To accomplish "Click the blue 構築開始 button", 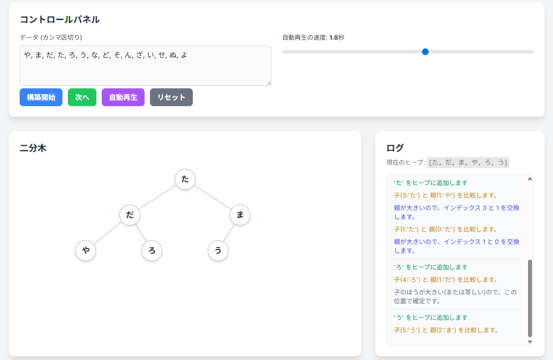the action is click(41, 97).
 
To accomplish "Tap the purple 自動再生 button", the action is click(123, 97).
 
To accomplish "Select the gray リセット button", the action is click(171, 97).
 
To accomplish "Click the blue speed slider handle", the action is click(425, 52).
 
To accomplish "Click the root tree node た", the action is click(185, 179).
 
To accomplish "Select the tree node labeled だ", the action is click(130, 215).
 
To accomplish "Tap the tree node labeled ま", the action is click(240, 215).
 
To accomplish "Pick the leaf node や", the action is click(86, 250).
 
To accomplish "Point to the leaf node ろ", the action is click(152, 250).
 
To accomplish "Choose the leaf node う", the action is click(218, 250).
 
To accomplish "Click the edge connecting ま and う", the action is click(229, 233).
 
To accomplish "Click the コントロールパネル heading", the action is click(60, 20).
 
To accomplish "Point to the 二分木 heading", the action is click(33, 148).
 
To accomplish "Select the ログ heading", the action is click(395, 148).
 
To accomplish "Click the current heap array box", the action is click(468, 162).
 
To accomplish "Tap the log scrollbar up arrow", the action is click(530, 178).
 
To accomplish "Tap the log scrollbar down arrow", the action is click(530, 342).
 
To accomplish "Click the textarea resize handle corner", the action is click(269, 83).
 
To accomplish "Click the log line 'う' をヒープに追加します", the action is click(431, 318).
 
